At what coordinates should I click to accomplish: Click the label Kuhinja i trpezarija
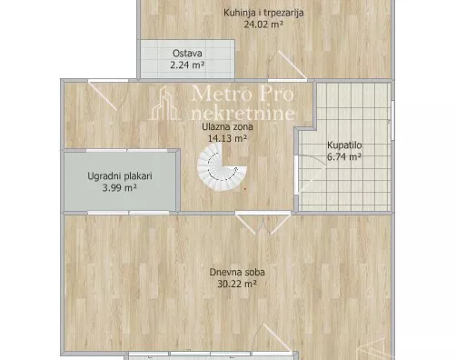(x=264, y=13)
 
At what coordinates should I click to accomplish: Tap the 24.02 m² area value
(x=264, y=25)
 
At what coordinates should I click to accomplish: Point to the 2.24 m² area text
(x=186, y=65)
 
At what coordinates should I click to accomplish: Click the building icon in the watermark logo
(x=166, y=102)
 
